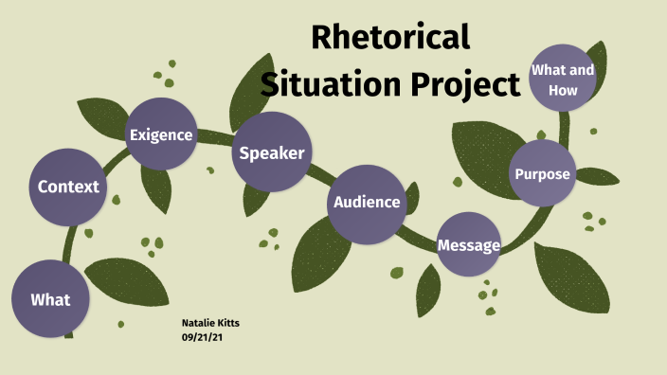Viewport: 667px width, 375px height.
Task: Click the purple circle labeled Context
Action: tap(68, 187)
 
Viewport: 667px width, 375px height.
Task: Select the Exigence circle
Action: tap(161, 134)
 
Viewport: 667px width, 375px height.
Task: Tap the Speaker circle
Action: tap(272, 152)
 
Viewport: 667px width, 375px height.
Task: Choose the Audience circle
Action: tap(367, 202)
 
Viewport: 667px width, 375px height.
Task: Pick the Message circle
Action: tap(468, 245)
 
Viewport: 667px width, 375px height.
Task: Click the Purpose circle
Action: tap(542, 174)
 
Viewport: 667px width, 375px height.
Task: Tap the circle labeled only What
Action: tap(50, 299)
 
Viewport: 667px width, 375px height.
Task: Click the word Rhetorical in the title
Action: tap(390, 38)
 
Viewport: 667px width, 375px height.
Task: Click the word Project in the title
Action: tap(465, 84)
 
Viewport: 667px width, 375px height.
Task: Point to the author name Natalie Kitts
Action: tap(209, 323)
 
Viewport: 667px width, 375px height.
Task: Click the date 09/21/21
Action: tap(202, 337)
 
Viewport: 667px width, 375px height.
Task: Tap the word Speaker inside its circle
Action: tap(272, 152)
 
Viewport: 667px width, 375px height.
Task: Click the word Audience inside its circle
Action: tap(367, 202)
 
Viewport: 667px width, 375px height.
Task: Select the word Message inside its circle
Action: tap(468, 245)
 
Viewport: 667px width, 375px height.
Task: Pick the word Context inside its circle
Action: tap(68, 187)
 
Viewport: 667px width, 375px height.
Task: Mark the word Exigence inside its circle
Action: tap(161, 134)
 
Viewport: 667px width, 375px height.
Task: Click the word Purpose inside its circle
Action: tap(542, 174)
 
